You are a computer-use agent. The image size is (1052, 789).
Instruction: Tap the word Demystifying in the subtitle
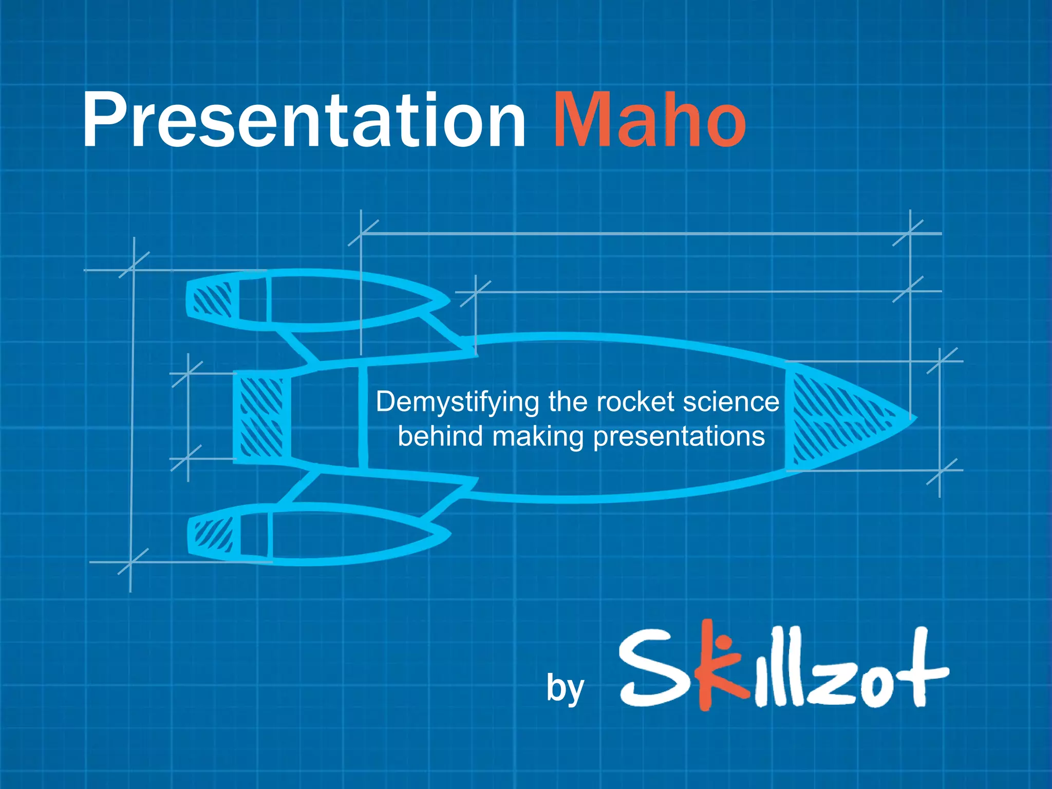click(457, 402)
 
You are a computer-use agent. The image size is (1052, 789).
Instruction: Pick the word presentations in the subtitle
click(679, 437)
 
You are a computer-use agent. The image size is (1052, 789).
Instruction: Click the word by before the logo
click(565, 688)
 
